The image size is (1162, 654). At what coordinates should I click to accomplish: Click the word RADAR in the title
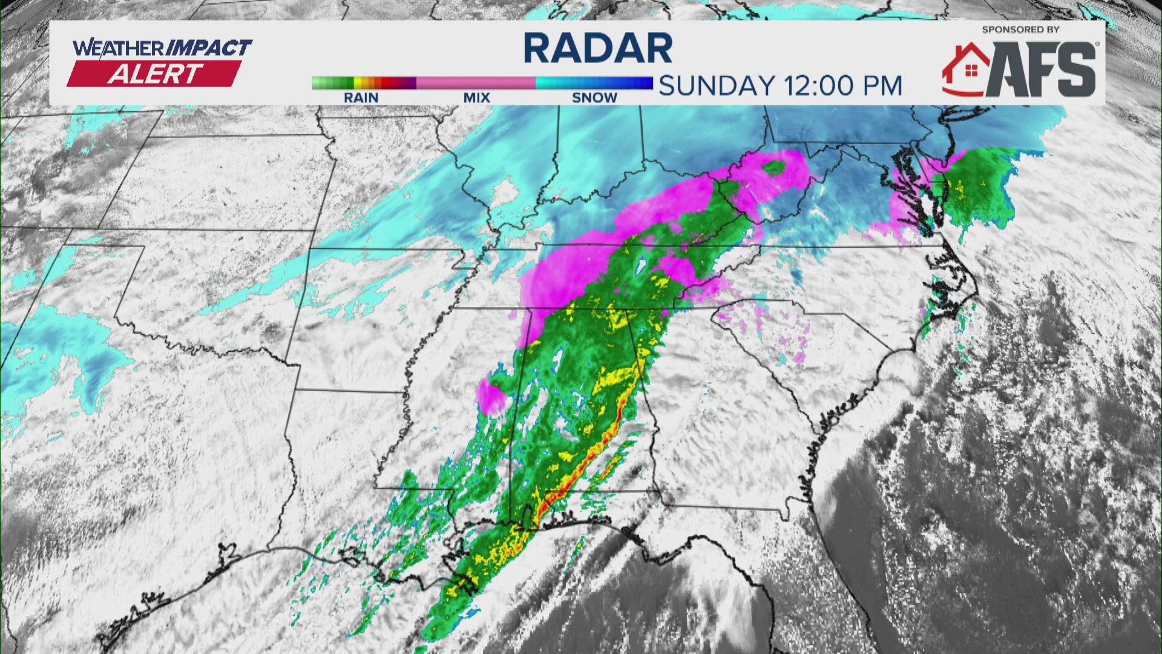tap(598, 48)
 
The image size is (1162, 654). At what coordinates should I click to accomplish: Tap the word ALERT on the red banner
tap(155, 74)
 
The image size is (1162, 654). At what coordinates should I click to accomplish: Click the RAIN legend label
tap(361, 97)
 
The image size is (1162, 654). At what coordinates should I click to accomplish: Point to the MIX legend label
tap(477, 97)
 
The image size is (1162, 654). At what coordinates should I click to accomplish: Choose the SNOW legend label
tap(594, 97)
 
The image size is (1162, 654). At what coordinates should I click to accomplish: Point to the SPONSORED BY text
tap(1020, 29)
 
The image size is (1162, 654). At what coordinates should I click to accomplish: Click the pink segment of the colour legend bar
tap(476, 83)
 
